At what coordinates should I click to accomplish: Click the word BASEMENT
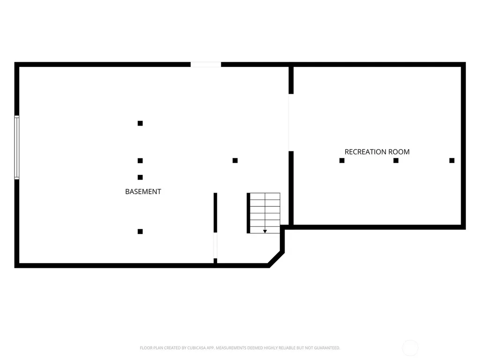(x=143, y=192)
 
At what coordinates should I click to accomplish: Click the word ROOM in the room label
(x=399, y=152)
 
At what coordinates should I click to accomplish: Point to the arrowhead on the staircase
(x=265, y=232)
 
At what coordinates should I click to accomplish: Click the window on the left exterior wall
(x=17, y=147)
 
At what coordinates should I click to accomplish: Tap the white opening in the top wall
(x=206, y=65)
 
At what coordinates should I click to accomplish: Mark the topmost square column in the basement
(x=140, y=123)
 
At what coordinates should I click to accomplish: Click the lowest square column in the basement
(x=140, y=232)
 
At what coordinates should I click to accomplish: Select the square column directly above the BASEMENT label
(x=140, y=177)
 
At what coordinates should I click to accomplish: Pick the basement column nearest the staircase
(x=235, y=160)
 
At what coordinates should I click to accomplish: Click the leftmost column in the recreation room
(x=342, y=160)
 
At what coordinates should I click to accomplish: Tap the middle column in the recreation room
(x=396, y=160)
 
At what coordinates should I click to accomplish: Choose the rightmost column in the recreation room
(x=452, y=160)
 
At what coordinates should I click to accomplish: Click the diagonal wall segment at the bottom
(x=276, y=259)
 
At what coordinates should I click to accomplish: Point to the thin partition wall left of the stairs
(x=216, y=213)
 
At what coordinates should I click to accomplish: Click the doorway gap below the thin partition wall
(x=216, y=246)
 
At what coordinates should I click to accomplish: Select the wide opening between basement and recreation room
(x=291, y=122)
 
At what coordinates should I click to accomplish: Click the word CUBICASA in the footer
(x=197, y=348)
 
